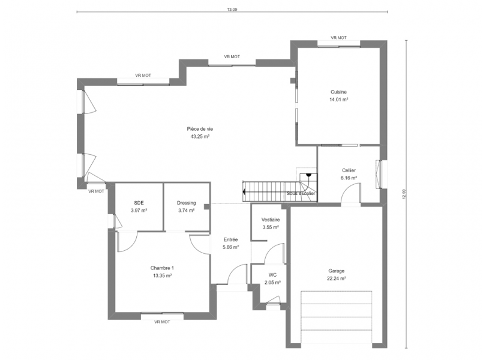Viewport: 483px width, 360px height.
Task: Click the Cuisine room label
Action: click(338, 92)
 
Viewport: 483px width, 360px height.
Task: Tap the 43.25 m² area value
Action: click(200, 136)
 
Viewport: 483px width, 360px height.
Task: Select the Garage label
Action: click(336, 271)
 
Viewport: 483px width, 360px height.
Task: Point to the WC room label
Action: click(272, 275)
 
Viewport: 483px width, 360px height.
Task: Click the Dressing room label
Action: click(186, 203)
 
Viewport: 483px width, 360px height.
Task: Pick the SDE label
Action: click(139, 203)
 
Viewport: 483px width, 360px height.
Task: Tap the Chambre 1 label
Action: click(162, 268)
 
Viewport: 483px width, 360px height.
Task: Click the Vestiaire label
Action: click(271, 220)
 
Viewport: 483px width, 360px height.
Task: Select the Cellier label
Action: click(349, 170)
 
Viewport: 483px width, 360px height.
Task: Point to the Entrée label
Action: click(230, 239)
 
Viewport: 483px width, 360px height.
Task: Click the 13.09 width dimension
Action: click(232, 10)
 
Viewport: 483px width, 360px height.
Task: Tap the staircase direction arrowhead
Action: click(244, 192)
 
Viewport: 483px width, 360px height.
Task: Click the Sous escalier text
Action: click(301, 193)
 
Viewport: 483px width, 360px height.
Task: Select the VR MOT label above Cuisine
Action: click(338, 38)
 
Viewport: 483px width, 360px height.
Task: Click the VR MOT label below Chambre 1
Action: click(162, 322)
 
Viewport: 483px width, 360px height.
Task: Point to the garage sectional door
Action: click(337, 317)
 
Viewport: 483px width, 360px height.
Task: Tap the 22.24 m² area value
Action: click(336, 278)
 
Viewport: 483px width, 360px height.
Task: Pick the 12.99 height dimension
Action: click(404, 194)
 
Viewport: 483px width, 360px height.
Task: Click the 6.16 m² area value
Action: click(349, 178)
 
